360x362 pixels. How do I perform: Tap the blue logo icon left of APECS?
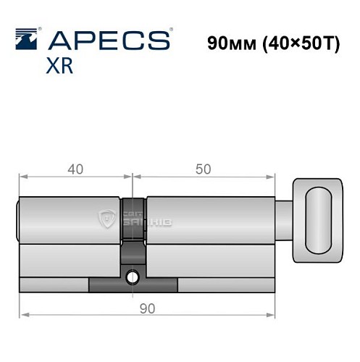(25, 39)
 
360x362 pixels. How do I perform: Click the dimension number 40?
(75, 169)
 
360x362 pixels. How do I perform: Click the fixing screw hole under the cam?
(133, 276)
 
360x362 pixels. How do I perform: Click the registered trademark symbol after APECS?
(171, 30)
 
